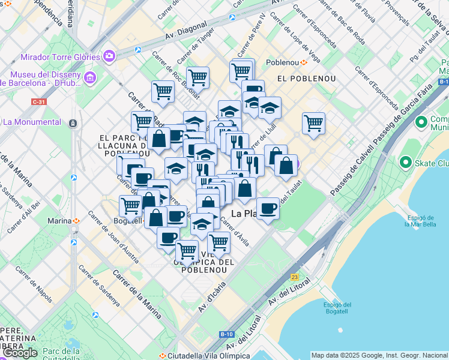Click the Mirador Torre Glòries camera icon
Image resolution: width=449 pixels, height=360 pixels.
109,56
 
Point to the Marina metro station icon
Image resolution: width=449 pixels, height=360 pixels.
76,221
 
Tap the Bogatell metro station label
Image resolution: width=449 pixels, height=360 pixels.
127,221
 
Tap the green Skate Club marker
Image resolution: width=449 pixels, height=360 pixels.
406,163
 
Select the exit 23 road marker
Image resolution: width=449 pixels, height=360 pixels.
294,277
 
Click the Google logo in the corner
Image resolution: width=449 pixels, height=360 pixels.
19,353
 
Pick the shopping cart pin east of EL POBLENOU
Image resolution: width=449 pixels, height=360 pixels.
313,124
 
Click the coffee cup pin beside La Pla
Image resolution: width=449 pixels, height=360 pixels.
268,209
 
